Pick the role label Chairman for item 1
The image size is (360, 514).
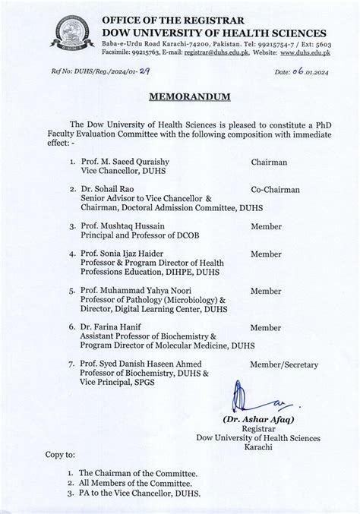271,162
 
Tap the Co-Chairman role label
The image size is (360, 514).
275,189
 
